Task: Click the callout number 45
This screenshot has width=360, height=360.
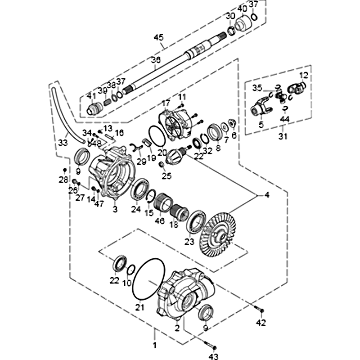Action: [x=159, y=38]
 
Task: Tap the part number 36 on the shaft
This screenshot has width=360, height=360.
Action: [x=155, y=60]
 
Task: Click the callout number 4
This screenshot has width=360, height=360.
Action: [x=267, y=195]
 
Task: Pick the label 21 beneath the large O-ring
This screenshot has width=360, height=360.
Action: [x=139, y=308]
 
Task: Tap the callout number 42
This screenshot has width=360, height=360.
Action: [x=261, y=322]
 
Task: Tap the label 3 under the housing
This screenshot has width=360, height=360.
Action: [x=115, y=209]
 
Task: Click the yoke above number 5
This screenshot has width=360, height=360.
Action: [x=260, y=108]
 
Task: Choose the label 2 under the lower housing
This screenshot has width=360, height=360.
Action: [x=177, y=328]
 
